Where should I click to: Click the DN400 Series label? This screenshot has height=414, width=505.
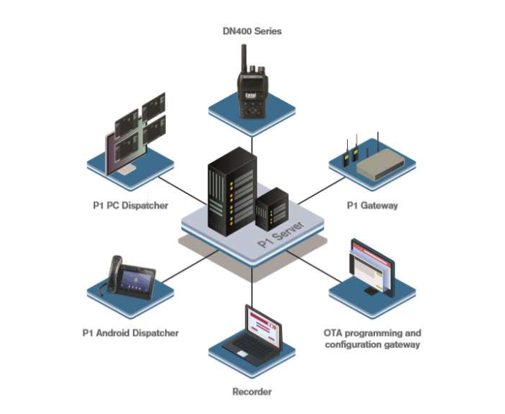click(251, 31)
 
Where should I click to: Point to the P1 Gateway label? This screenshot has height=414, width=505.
click(372, 206)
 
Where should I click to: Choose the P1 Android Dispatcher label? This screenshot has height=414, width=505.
click(130, 333)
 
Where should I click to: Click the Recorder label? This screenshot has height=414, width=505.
click(251, 392)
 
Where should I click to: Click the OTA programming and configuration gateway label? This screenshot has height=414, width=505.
click(372, 338)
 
